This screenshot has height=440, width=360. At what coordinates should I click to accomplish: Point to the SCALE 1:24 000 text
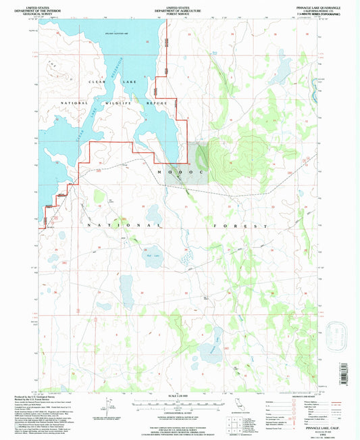pos(179,395)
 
